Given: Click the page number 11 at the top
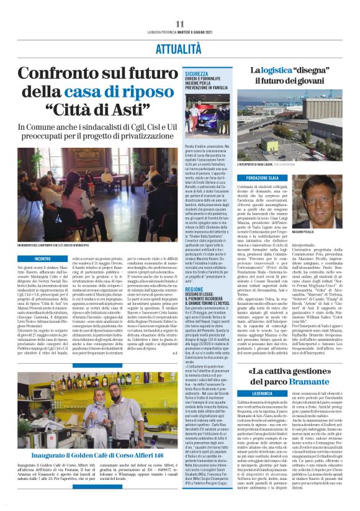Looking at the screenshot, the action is coord(180,24).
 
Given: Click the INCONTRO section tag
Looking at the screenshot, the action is coord(43,258).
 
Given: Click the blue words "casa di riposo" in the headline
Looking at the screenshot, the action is coord(128,93).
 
